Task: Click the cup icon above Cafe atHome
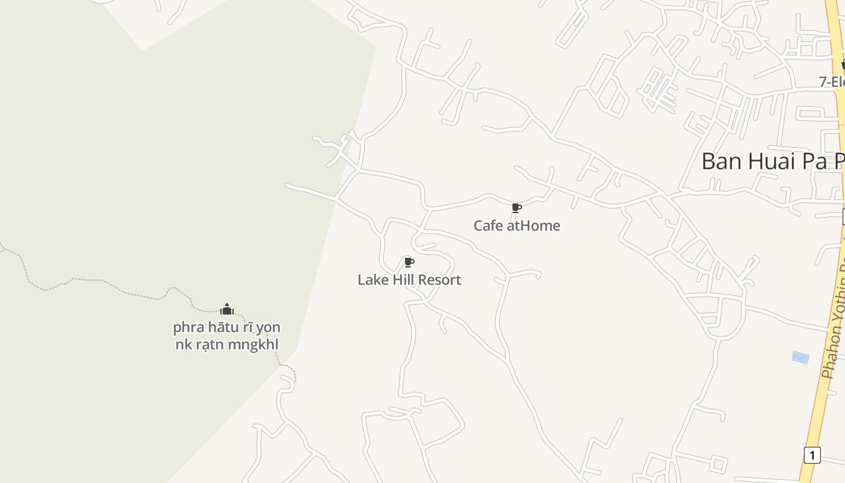[516, 208]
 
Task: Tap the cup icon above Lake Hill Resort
[409, 262]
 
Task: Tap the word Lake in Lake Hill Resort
[371, 280]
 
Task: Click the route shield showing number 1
[812, 455]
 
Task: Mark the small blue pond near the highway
[800, 358]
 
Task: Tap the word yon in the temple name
[268, 328]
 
